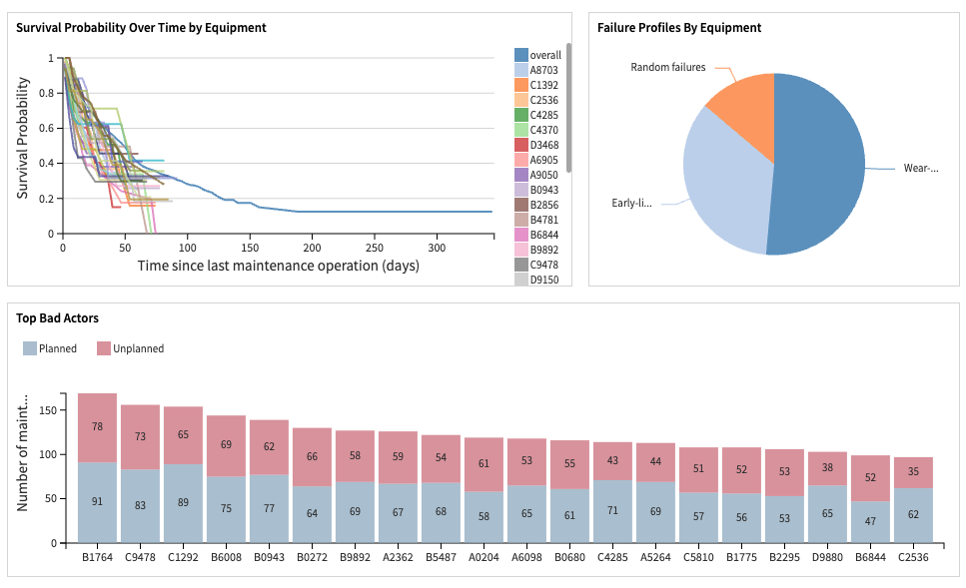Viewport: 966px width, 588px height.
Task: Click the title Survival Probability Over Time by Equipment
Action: coord(141,28)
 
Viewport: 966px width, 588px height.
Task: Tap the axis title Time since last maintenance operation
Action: coord(278,266)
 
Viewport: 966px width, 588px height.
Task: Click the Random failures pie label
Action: coord(667,68)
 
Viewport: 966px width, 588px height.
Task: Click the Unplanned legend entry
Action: coord(130,348)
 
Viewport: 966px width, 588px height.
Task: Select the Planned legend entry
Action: coord(50,348)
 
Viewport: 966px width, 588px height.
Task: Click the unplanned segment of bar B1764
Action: coord(97,427)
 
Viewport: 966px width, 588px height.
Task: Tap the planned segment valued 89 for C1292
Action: coord(183,503)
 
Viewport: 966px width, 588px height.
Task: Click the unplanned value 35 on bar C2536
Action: coord(912,472)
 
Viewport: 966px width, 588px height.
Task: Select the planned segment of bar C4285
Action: coord(612,511)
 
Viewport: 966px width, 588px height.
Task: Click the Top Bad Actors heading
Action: coord(57,318)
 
